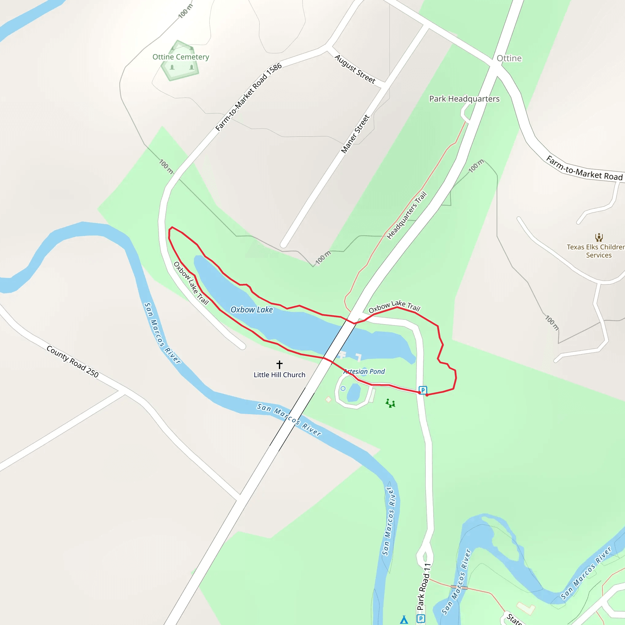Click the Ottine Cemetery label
click(x=181, y=57)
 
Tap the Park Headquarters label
click(x=464, y=99)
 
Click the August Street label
click(x=355, y=69)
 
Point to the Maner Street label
click(x=355, y=134)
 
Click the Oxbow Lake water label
click(x=251, y=309)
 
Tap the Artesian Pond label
click(x=364, y=371)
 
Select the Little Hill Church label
click(x=279, y=375)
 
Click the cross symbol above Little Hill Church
click(x=280, y=365)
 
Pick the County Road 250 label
click(x=72, y=361)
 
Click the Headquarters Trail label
click(x=406, y=215)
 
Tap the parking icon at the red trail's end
click(x=423, y=390)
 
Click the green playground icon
click(x=390, y=403)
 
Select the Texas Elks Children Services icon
click(x=599, y=237)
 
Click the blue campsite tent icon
click(x=404, y=620)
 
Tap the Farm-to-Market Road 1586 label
click(x=248, y=97)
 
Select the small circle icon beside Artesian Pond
click(x=343, y=388)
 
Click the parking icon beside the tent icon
click(x=421, y=619)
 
